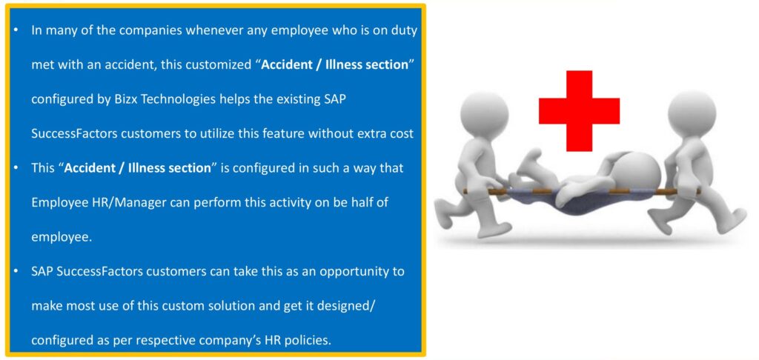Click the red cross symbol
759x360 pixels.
[579, 111]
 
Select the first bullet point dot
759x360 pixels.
[16, 30]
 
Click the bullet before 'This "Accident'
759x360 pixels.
[16, 168]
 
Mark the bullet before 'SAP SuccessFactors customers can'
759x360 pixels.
[16, 271]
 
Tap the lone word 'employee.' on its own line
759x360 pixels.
[62, 238]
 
